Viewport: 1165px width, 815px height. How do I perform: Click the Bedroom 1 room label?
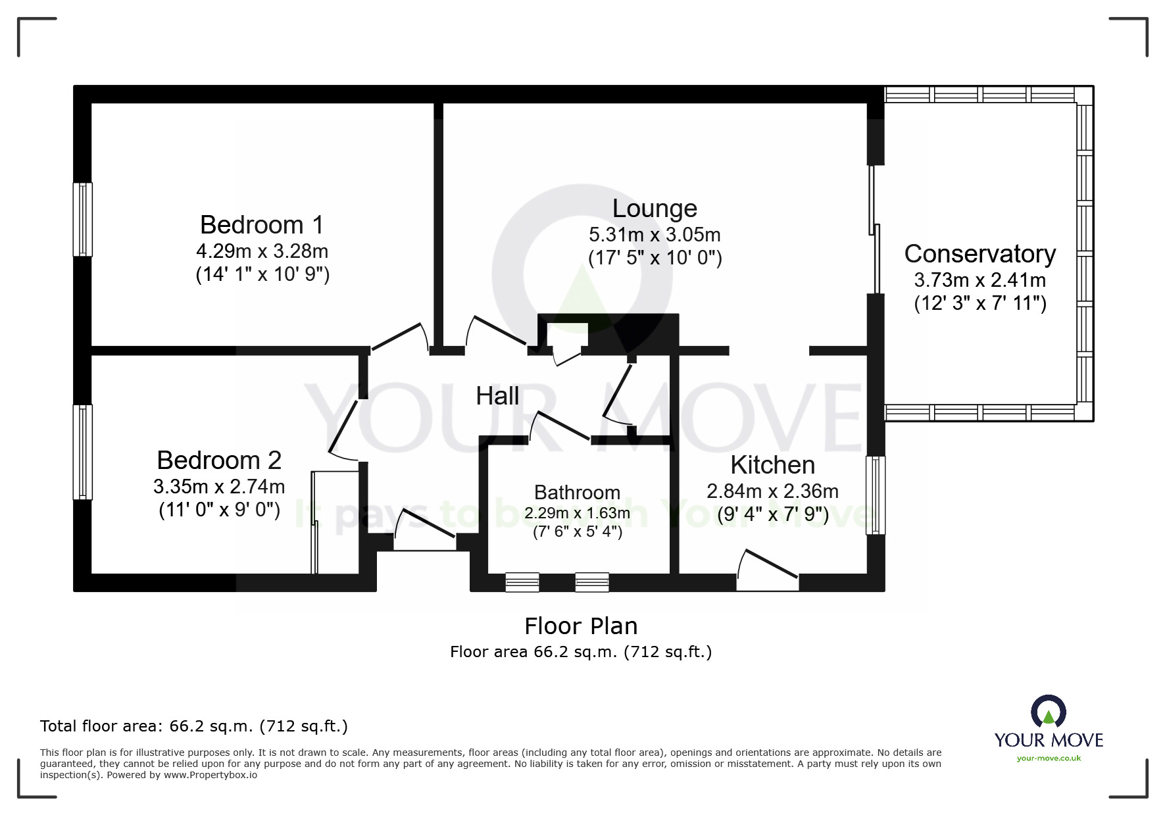[x=262, y=225]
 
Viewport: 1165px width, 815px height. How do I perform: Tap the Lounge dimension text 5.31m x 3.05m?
[x=655, y=235]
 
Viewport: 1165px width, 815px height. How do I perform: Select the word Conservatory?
[x=979, y=254]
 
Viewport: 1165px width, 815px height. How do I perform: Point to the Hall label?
[x=497, y=396]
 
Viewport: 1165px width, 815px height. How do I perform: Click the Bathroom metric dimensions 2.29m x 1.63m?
[x=577, y=513]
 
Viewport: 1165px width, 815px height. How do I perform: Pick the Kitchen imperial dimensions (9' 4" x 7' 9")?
[x=772, y=514]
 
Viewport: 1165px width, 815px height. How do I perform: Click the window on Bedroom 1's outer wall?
[x=82, y=219]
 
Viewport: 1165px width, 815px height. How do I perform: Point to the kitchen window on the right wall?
[x=875, y=495]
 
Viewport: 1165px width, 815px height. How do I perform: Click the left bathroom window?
[x=522, y=582]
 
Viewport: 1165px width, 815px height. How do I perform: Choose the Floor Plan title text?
[x=581, y=626]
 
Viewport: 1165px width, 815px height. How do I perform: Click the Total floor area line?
[x=194, y=726]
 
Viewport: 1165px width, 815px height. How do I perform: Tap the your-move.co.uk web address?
[x=1049, y=758]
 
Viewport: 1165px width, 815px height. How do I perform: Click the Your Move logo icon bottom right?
[x=1048, y=712]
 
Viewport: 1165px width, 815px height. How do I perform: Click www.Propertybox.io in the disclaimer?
[x=210, y=775]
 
